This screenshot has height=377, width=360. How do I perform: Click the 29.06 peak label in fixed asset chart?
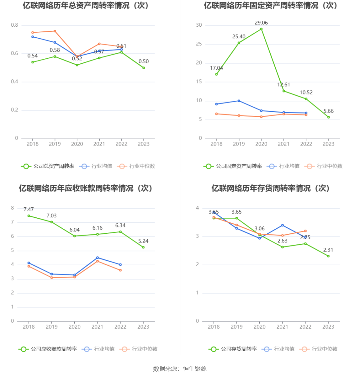coord(261,23)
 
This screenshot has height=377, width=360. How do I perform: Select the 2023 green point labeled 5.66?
coord(329,117)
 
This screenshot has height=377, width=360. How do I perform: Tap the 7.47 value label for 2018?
coord(29,209)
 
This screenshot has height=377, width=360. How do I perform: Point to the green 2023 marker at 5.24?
coord(143,247)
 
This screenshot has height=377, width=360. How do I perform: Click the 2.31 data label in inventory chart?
coord(328,250)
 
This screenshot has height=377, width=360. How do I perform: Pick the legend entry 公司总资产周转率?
coord(48,166)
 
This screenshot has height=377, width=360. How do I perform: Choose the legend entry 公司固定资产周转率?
coord(233,166)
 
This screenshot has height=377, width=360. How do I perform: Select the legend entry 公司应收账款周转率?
coord(48,349)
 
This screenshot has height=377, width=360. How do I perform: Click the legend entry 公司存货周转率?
coord(233,349)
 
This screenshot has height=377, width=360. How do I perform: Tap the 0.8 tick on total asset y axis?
coord(15,25)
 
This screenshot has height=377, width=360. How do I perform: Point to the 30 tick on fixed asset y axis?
coord(199,25)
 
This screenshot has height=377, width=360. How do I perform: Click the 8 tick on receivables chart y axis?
coord(13,208)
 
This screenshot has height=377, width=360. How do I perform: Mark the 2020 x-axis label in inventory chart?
coord(260,327)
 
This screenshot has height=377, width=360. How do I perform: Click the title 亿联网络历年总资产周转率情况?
coord(86,6)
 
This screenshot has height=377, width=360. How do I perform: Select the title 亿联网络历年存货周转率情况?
coord(270,188)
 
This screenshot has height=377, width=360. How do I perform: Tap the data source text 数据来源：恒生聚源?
coord(180,369)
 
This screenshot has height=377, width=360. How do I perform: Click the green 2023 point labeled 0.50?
coord(144,68)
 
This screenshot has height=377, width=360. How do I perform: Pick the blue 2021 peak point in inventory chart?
coord(283,225)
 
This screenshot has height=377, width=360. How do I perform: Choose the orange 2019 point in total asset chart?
coord(55,31)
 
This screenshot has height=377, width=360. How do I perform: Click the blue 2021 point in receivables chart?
coord(98,258)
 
